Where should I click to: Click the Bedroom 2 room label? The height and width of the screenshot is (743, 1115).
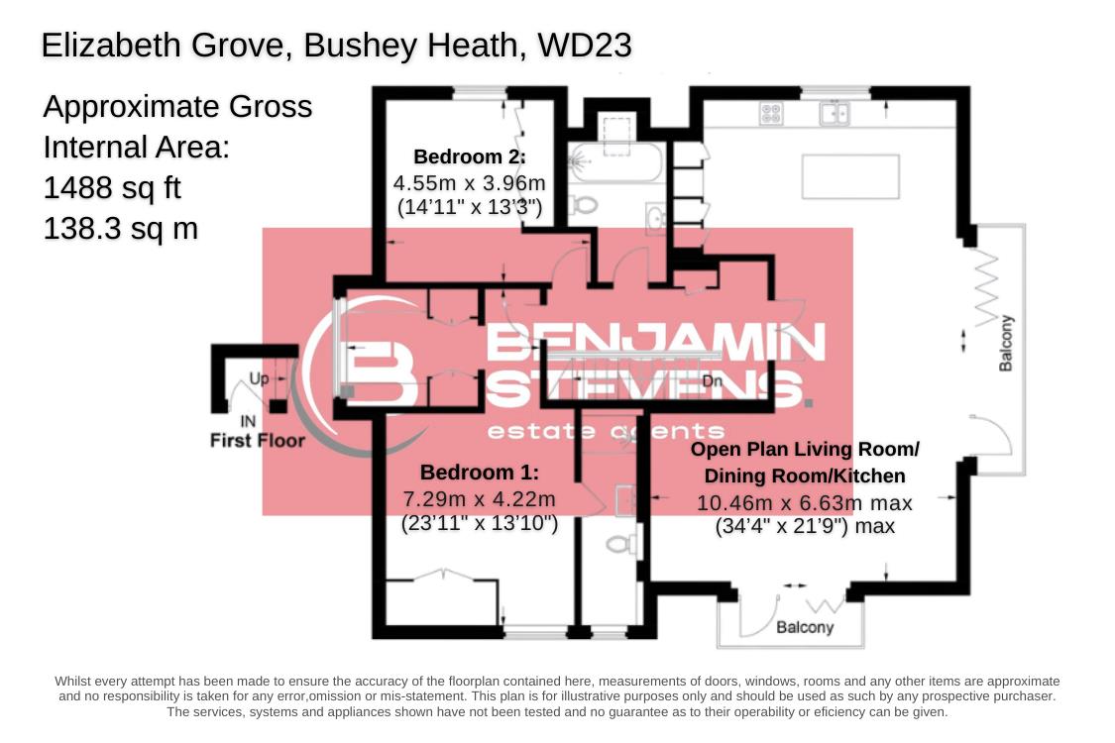click(469, 157)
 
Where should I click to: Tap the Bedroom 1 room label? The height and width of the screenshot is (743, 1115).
click(479, 473)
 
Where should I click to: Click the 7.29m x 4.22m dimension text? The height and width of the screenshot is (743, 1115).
click(479, 498)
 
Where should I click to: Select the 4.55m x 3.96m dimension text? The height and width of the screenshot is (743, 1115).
click(469, 183)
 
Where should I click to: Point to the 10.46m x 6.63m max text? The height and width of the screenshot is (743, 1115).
click(804, 503)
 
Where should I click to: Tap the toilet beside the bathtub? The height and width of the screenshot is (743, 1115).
click(584, 205)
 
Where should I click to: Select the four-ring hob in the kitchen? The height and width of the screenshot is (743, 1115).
click(770, 114)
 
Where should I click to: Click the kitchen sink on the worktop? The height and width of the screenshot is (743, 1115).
click(834, 114)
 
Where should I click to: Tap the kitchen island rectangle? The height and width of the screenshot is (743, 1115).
click(849, 176)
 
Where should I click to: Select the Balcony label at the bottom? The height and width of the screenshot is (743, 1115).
click(804, 627)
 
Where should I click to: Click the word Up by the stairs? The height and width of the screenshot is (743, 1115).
click(259, 378)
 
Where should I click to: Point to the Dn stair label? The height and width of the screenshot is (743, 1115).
click(712, 381)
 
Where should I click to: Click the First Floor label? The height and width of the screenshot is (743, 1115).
click(258, 440)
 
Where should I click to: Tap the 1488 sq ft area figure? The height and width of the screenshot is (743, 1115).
click(112, 187)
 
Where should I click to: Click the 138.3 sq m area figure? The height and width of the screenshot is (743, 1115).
click(120, 229)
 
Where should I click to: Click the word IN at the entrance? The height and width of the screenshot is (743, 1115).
click(248, 421)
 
